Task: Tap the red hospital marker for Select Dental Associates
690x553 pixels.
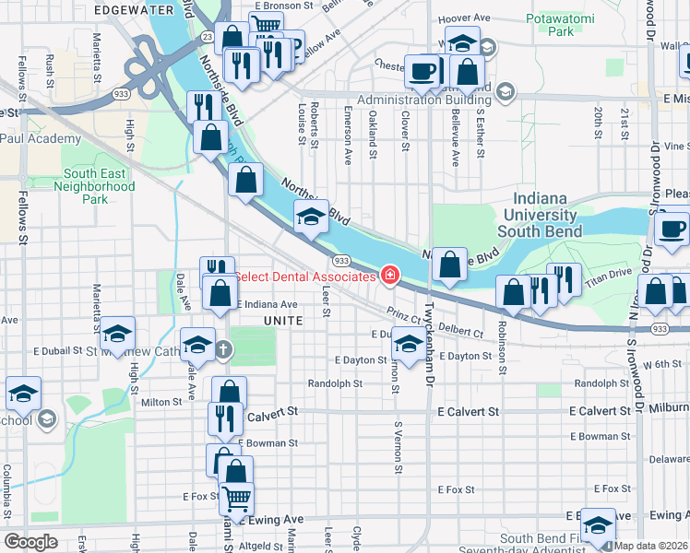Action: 389,276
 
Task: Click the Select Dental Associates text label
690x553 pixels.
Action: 303,276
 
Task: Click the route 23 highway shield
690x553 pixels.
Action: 208,36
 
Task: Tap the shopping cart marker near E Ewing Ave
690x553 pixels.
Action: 237,499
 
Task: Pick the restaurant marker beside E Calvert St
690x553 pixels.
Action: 224,418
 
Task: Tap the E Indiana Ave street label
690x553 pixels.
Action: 268,304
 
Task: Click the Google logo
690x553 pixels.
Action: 30,541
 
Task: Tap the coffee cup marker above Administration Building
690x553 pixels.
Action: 422,70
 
